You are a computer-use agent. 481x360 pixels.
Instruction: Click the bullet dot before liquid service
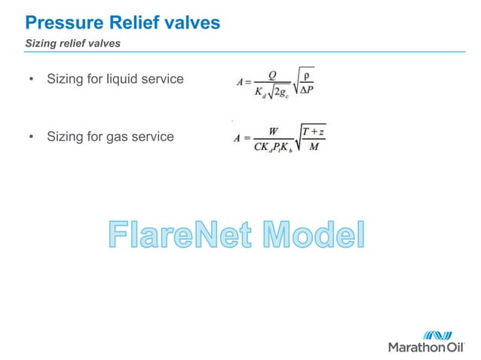pyautogui.click(x=31, y=78)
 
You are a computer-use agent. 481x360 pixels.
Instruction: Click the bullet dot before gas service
pyautogui.click(x=31, y=137)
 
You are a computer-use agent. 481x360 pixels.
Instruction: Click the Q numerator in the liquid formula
pyautogui.click(x=265, y=75)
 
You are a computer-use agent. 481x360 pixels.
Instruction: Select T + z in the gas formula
pyautogui.click(x=312, y=132)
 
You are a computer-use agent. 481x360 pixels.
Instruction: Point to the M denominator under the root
pyautogui.click(x=312, y=146)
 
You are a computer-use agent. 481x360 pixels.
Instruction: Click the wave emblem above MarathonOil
pyautogui.click(x=437, y=335)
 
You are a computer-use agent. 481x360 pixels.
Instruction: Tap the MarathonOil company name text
pyautogui.click(x=427, y=348)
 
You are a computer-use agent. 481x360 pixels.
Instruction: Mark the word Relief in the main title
pyautogui.click(x=130, y=23)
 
